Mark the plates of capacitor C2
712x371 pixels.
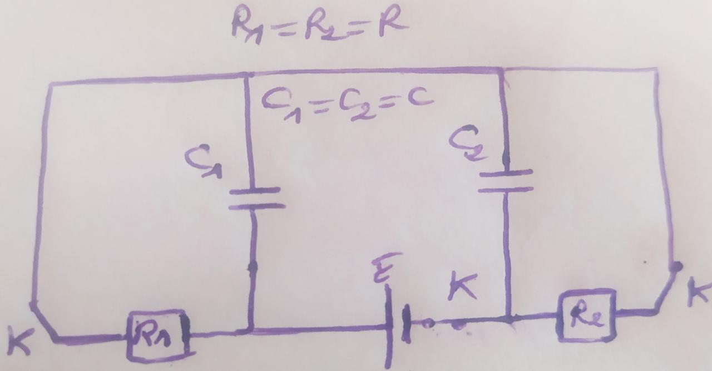click(x=506, y=181)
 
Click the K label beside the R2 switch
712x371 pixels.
click(x=700, y=293)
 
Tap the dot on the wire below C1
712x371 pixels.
click(x=253, y=268)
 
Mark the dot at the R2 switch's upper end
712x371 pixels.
click(x=675, y=267)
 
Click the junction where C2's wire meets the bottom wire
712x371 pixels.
click(x=508, y=319)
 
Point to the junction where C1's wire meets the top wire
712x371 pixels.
click(x=246, y=75)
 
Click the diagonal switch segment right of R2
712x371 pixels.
click(x=666, y=289)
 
